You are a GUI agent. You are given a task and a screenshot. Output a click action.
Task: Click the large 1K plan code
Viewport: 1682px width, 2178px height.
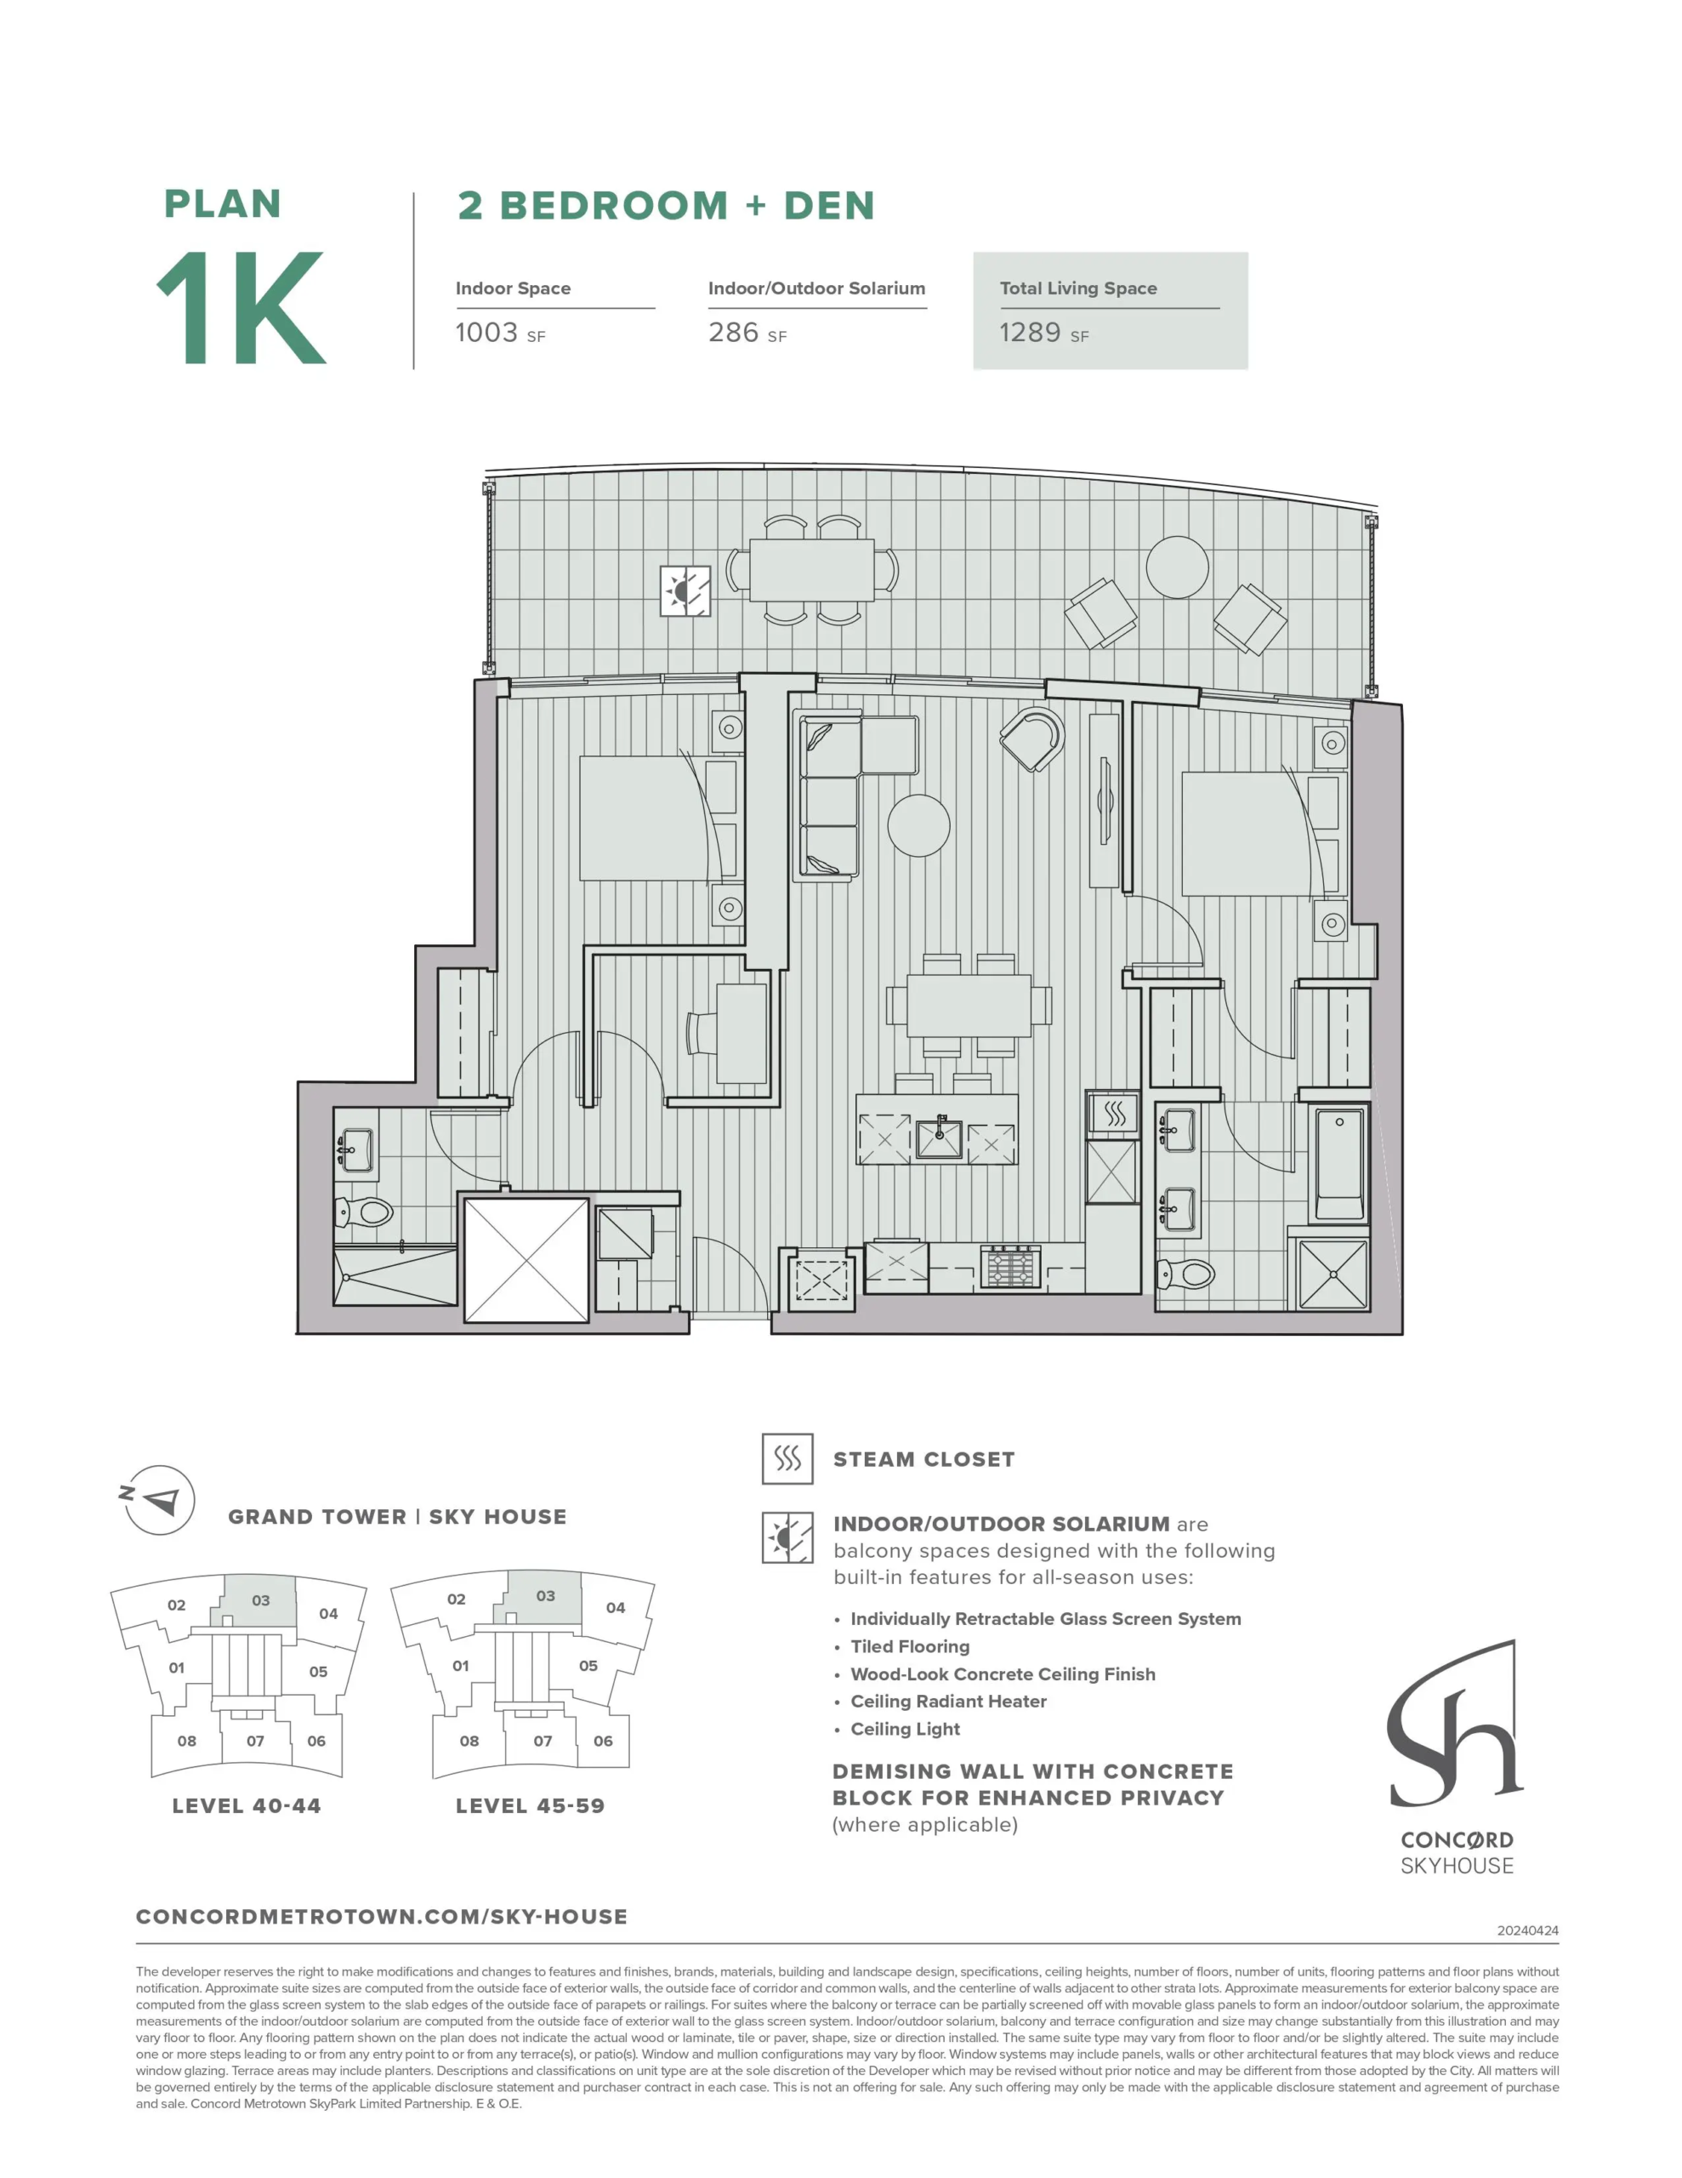tap(242, 307)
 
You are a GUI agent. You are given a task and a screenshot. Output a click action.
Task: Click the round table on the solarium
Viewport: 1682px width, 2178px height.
tap(1177, 567)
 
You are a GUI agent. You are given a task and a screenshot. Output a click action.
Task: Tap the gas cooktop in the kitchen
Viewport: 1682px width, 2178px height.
tap(1011, 1267)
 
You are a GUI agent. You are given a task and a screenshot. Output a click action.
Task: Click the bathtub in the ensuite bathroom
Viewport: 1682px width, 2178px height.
tap(1339, 1163)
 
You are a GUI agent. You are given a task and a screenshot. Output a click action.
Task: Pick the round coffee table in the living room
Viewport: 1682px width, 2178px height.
tap(918, 826)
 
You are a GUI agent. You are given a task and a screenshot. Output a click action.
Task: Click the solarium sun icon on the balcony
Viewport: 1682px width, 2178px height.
tap(685, 591)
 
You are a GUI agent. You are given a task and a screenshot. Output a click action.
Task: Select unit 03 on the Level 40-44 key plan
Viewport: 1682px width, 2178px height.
tap(260, 1600)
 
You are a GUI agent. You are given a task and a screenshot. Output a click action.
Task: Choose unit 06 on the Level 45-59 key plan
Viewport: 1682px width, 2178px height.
tap(603, 1740)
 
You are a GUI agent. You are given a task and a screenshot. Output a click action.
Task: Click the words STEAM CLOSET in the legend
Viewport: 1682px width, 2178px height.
tap(923, 1460)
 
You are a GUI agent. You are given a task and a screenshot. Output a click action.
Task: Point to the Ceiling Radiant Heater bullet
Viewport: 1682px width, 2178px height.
tap(948, 1702)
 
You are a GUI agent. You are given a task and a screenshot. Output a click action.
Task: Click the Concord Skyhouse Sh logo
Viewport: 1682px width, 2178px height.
tap(1455, 1722)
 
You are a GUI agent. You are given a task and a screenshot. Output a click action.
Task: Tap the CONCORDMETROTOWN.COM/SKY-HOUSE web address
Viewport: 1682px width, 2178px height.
tap(382, 1917)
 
